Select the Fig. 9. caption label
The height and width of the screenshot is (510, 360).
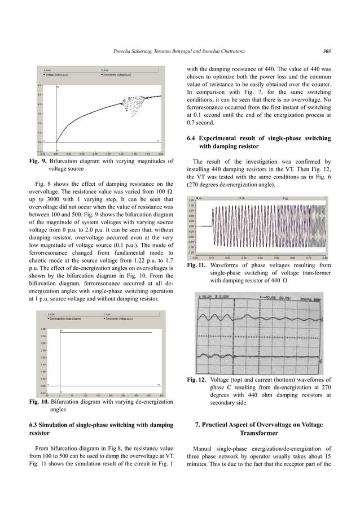[x=39, y=162]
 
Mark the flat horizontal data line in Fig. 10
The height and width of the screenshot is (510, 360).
[x=107, y=333]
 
